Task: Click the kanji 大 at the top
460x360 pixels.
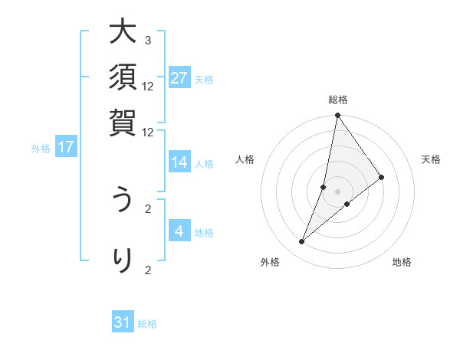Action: tap(123, 34)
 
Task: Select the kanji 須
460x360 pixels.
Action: tap(123, 78)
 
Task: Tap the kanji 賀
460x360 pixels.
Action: tap(123, 122)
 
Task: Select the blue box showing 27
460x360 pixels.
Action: tap(179, 77)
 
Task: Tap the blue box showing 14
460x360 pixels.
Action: tap(179, 162)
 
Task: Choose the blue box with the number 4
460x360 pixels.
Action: tap(179, 231)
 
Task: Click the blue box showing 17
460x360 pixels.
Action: tap(66, 147)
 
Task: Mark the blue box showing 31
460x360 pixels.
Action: tap(123, 322)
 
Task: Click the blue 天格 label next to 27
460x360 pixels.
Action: tap(204, 79)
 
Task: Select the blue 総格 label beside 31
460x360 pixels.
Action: tap(147, 324)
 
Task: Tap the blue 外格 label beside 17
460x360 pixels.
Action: tap(41, 149)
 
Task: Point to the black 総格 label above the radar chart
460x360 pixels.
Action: tap(338, 100)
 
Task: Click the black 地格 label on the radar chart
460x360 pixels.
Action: tap(402, 262)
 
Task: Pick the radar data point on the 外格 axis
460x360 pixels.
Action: tap(302, 242)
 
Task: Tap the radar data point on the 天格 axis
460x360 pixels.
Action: tap(382, 177)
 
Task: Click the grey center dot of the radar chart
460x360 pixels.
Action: tap(338, 191)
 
